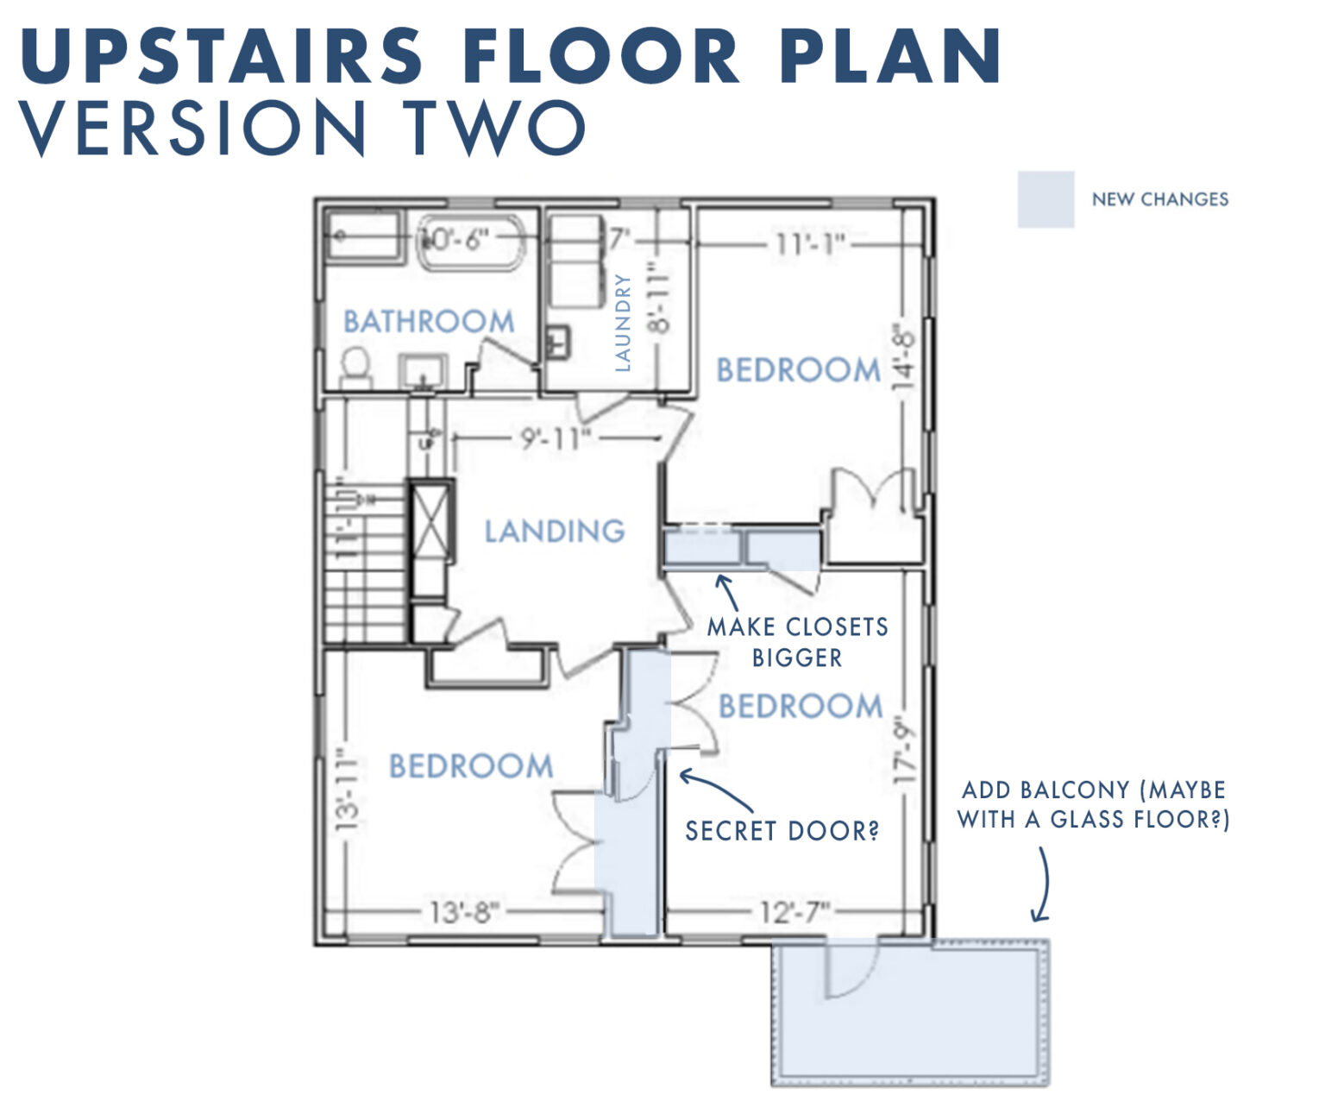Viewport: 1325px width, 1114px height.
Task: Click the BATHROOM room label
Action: (x=429, y=322)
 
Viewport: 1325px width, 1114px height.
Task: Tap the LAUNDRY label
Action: (x=623, y=323)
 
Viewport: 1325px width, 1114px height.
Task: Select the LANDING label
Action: (x=554, y=531)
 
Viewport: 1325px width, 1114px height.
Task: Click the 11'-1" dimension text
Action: (x=809, y=244)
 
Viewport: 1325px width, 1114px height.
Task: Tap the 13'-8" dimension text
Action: (x=464, y=912)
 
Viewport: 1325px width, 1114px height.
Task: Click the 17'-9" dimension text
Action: (x=904, y=749)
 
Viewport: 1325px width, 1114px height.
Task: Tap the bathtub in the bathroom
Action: (x=471, y=239)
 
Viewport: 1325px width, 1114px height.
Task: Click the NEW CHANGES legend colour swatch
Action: (x=1046, y=199)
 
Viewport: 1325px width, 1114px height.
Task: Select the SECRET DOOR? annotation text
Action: (x=782, y=831)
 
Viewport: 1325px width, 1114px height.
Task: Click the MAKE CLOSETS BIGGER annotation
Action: (x=797, y=642)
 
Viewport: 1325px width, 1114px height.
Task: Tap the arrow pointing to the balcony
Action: (x=1044, y=884)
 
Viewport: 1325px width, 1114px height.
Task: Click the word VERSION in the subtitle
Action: (x=192, y=127)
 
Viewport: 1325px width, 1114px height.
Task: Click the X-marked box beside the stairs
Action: (x=430, y=524)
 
